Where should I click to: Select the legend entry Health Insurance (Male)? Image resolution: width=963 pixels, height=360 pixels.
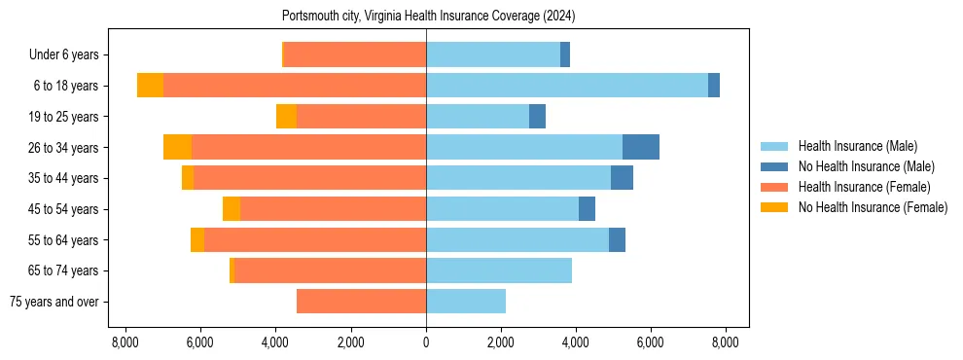(x=857, y=146)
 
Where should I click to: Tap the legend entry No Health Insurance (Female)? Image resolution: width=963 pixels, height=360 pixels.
(x=873, y=207)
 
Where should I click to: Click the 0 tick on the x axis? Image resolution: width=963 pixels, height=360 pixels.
(x=426, y=342)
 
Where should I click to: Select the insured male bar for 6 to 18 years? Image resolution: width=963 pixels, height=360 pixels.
(x=567, y=86)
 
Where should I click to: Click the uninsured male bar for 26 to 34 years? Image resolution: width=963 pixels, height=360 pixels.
(x=641, y=147)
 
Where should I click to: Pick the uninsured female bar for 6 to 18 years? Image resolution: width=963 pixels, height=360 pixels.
(x=150, y=86)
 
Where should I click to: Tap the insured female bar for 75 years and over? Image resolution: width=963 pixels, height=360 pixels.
(x=361, y=302)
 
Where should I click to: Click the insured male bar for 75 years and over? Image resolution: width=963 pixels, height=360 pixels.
(x=466, y=302)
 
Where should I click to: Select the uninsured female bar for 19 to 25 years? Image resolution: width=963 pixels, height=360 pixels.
(x=286, y=117)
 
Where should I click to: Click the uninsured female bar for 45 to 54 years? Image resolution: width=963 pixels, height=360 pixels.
(x=232, y=209)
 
